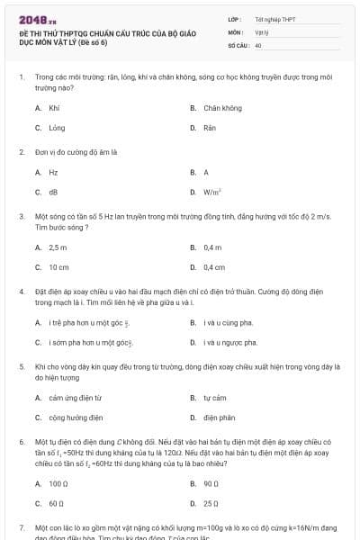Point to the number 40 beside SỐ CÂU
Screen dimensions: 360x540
258,44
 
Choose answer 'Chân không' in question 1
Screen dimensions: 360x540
222,108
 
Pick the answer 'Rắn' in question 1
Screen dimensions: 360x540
210,128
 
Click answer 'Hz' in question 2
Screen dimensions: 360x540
54,172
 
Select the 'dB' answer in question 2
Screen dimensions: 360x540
54,192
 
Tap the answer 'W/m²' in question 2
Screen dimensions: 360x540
213,192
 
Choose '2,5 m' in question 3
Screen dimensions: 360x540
58,247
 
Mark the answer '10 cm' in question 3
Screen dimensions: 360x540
58,267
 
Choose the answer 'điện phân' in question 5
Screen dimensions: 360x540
219,417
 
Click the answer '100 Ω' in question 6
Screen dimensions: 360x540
59,483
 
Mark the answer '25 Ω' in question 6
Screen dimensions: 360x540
212,503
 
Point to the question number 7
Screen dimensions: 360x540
22,526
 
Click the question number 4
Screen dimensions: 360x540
22,292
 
